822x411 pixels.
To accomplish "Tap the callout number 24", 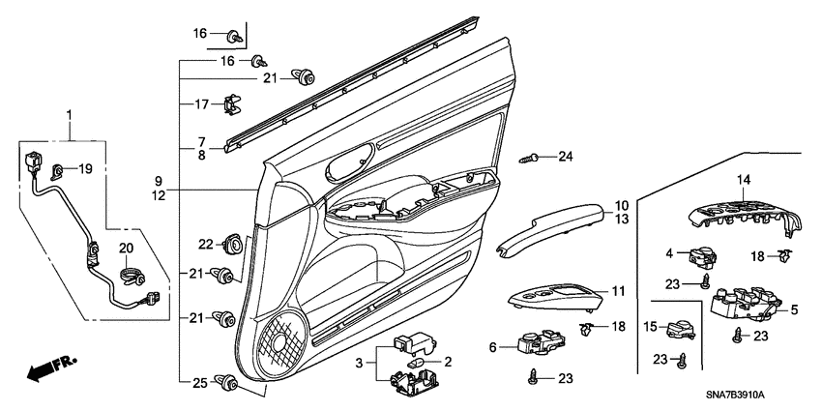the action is coord(566,157).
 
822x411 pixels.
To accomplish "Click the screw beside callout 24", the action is coord(528,158).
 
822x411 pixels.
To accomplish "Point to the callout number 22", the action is coord(206,244).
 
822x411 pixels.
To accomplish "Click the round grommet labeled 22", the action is coord(232,244).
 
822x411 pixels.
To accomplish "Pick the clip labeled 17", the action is coord(231,104).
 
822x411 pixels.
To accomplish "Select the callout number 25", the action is coord(200,383).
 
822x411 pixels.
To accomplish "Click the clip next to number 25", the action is coord(228,382).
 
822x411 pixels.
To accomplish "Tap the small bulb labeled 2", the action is coord(416,364).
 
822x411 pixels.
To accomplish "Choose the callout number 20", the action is coord(126,248).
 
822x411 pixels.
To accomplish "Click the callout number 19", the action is coord(85,169).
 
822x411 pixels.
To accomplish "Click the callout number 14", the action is coord(744,180).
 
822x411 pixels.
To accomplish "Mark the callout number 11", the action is coord(619,290).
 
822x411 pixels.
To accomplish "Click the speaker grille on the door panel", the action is coord(282,343).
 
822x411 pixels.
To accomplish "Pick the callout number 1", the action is coord(69,114).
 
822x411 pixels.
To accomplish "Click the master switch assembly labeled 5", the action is coord(746,303).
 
